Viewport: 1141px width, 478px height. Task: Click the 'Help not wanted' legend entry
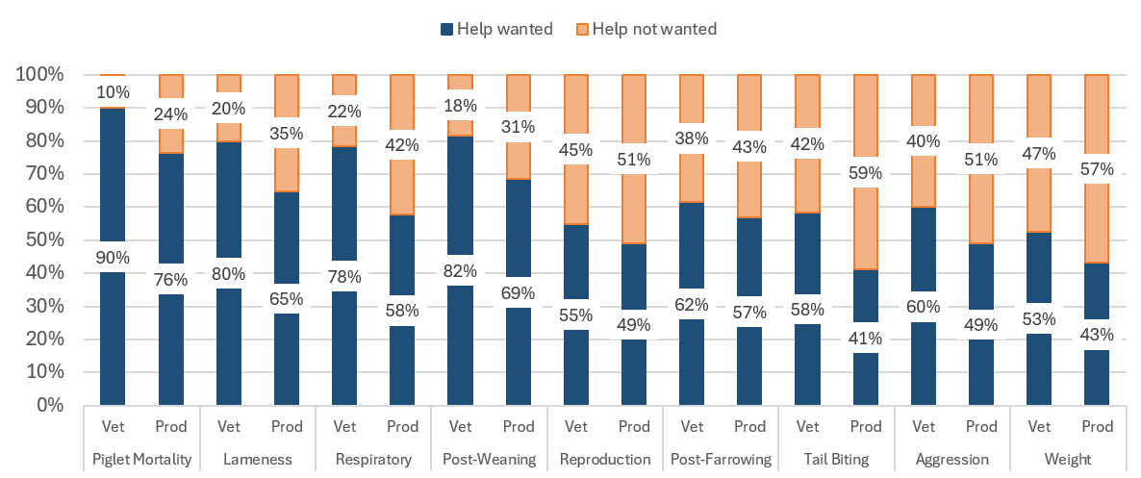pyautogui.click(x=654, y=29)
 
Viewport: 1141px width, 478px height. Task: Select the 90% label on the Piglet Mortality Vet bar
pyautogui.click(x=113, y=257)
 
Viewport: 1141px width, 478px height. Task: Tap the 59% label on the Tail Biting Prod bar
pyautogui.click(x=867, y=173)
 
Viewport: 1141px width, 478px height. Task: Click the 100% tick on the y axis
pyautogui.click(x=39, y=75)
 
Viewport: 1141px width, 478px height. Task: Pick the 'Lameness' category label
pyautogui.click(x=258, y=459)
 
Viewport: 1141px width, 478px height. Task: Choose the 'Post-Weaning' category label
pyautogui.click(x=490, y=459)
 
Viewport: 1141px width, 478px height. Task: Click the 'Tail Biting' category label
pyautogui.click(x=837, y=459)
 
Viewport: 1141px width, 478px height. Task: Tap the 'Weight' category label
pyautogui.click(x=1069, y=459)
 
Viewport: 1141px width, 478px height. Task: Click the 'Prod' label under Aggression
pyautogui.click(x=982, y=426)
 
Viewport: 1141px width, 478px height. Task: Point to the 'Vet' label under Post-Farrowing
pyautogui.click(x=693, y=426)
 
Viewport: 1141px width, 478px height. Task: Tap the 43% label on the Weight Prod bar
pyautogui.click(x=1098, y=335)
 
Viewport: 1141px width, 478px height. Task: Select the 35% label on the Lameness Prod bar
pyautogui.click(x=287, y=133)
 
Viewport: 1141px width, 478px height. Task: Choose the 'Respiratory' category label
pyautogui.click(x=373, y=459)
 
